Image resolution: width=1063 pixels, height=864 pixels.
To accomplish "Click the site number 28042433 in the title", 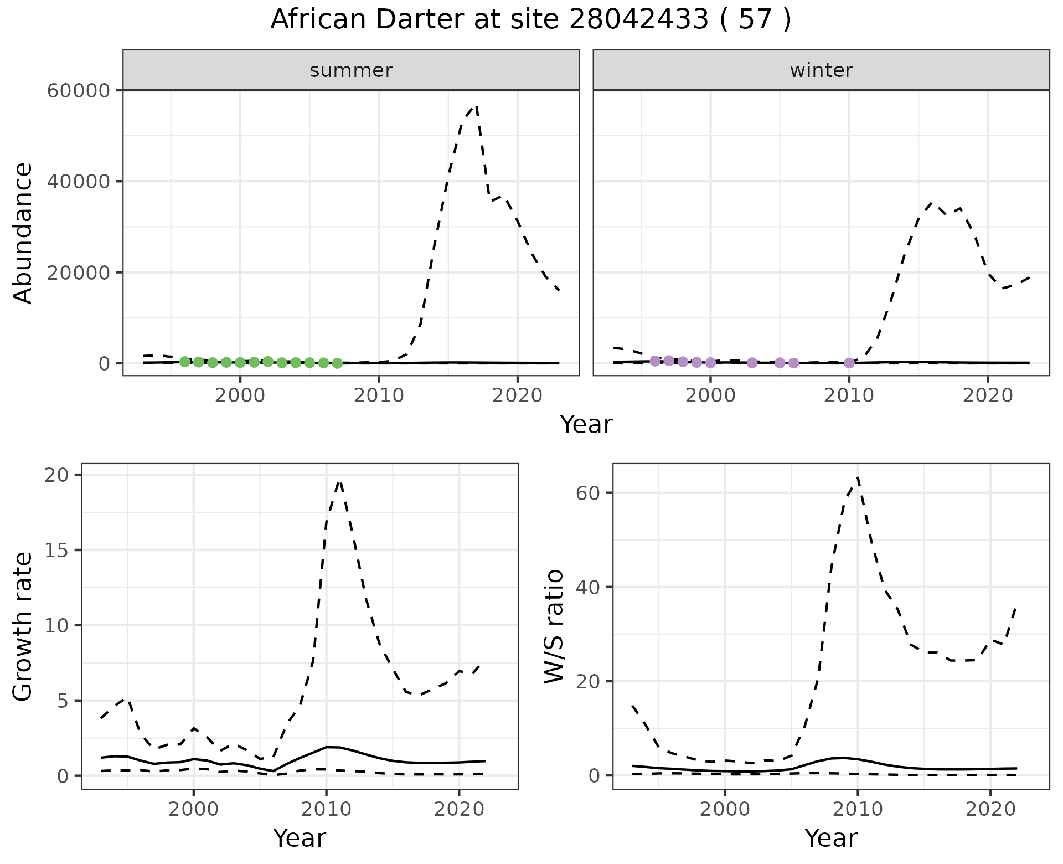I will pos(638,20).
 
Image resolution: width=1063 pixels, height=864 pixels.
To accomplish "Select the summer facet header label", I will pos(351,70).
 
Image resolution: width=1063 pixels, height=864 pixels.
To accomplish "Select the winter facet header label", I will pos(821,70).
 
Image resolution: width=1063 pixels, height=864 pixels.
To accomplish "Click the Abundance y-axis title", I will pos(23,233).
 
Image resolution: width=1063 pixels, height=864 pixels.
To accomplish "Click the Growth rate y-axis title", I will pos(23,626).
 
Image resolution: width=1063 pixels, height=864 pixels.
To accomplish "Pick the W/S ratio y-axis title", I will pos(554,626).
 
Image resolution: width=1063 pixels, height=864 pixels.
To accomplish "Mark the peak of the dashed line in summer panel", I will pos(476,105).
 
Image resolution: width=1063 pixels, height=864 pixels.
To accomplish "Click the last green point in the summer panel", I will pos(337,363).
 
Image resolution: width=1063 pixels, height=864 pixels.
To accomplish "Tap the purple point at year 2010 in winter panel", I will pos(849,363).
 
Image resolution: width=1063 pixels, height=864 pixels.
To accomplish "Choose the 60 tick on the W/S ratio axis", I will pos(588,493).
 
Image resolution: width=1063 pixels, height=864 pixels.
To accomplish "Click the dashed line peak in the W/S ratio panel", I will pos(858,476).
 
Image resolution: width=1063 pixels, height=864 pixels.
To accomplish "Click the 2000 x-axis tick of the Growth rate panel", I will pos(193,809).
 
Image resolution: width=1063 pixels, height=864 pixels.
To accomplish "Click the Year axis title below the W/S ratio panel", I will pos(830,838).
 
